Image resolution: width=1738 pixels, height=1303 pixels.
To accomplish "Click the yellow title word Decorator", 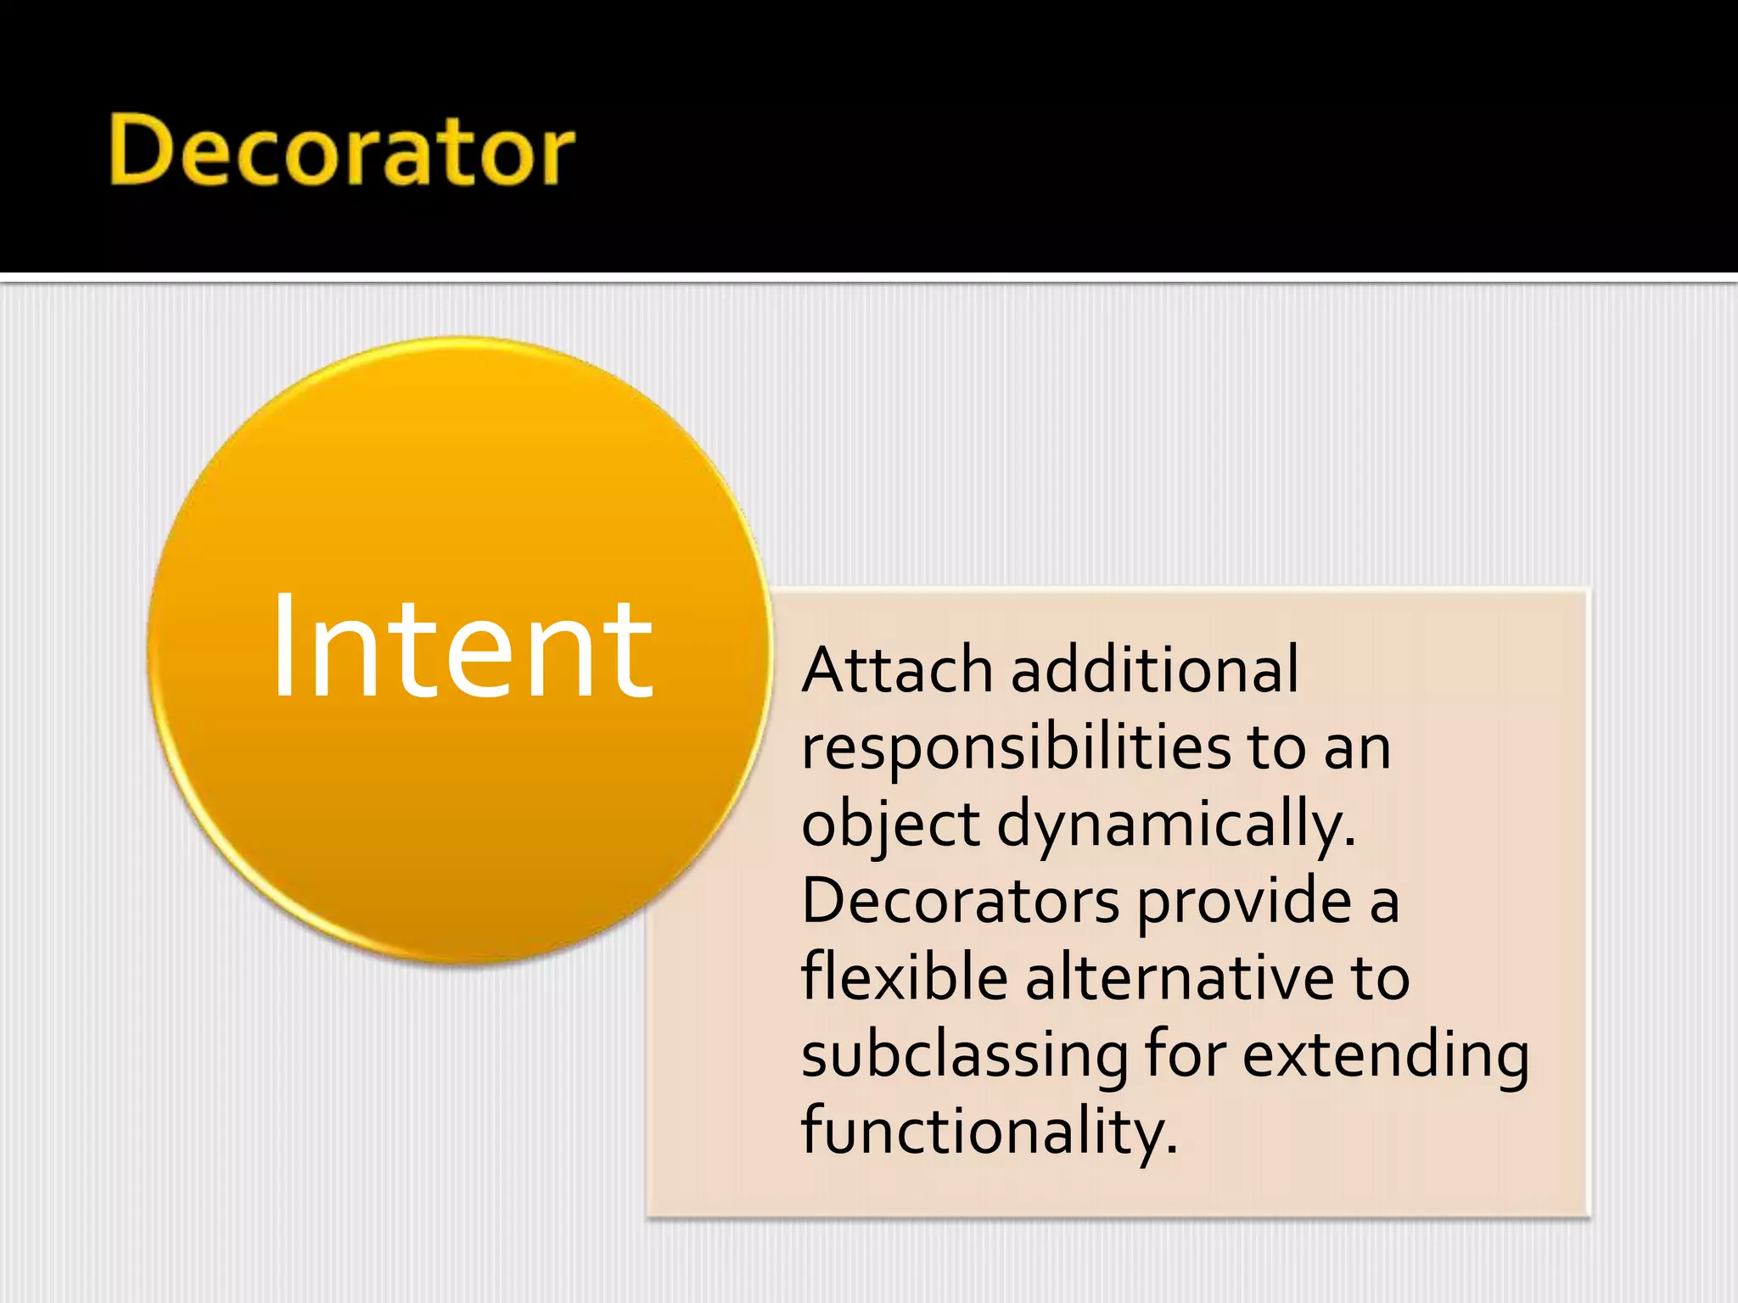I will tap(342, 151).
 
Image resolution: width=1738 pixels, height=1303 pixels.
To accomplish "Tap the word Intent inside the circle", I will tap(463, 647).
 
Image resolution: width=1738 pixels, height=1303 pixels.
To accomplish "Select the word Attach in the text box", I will tap(897, 670).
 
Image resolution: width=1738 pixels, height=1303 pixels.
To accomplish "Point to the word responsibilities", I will tap(1016, 748).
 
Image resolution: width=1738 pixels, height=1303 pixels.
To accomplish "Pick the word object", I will tap(890, 825).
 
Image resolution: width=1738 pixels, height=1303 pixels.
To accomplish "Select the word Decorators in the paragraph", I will tap(960, 901).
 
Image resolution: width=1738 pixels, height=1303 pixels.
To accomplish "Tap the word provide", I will tap(1243, 901).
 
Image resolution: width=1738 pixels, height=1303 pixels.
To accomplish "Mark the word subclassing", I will tap(964, 1054).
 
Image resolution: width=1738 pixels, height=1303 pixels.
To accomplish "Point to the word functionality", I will tap(984, 1131).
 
